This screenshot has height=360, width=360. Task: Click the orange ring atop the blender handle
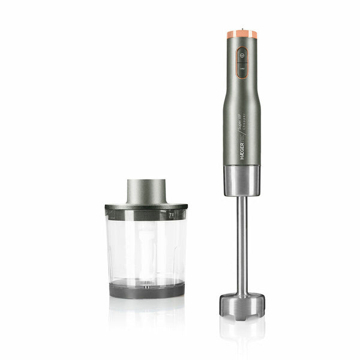click(242, 35)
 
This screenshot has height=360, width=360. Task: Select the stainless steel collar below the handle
click(242, 181)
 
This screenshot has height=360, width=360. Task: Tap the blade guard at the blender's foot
click(242, 304)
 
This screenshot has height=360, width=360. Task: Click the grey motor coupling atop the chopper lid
click(146, 191)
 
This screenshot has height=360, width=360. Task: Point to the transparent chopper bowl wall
click(120, 246)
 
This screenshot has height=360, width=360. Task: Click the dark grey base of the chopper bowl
click(146, 290)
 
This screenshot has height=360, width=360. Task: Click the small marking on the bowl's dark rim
click(171, 214)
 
